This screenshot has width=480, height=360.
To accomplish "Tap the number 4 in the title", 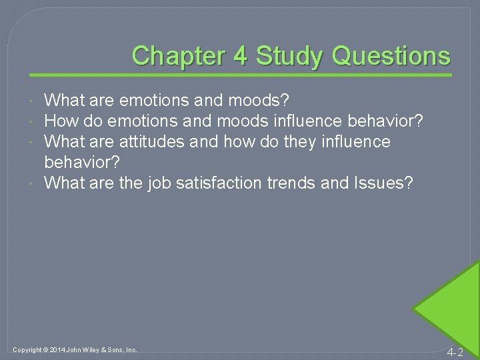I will pyautogui.click(x=241, y=56).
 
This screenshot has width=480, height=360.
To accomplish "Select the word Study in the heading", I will pyautogui.click(x=289, y=56).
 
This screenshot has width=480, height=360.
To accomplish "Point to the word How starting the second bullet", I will pyautogui.click(x=59, y=121).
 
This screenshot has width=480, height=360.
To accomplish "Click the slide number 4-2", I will pyautogui.click(x=455, y=351).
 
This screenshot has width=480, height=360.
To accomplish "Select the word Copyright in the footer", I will pyautogui.click(x=27, y=349).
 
